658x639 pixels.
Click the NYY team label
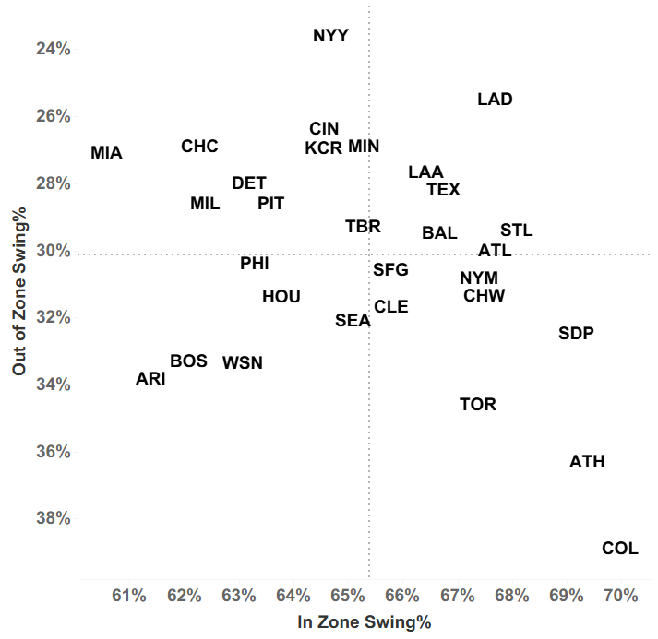click(x=330, y=36)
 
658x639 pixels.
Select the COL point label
click(x=619, y=549)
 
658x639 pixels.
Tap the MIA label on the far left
click(x=106, y=153)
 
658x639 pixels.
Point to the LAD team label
click(x=495, y=100)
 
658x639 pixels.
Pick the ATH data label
click(x=587, y=462)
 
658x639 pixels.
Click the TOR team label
click(x=477, y=405)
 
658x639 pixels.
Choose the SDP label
click(x=576, y=334)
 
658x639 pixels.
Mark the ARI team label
click(x=150, y=379)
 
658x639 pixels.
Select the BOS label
click(x=188, y=361)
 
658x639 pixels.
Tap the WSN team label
click(x=243, y=363)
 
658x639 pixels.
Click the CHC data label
click(x=199, y=147)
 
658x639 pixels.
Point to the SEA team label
click(x=353, y=321)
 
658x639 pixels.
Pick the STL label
click(x=516, y=231)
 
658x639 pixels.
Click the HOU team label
click(x=281, y=297)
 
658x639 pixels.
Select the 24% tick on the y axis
click(x=53, y=49)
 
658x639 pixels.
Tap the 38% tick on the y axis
click(x=53, y=518)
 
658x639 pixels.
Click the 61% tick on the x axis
click(x=129, y=596)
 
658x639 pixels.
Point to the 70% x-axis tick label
click(x=619, y=596)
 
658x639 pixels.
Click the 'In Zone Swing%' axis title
click(x=365, y=622)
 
